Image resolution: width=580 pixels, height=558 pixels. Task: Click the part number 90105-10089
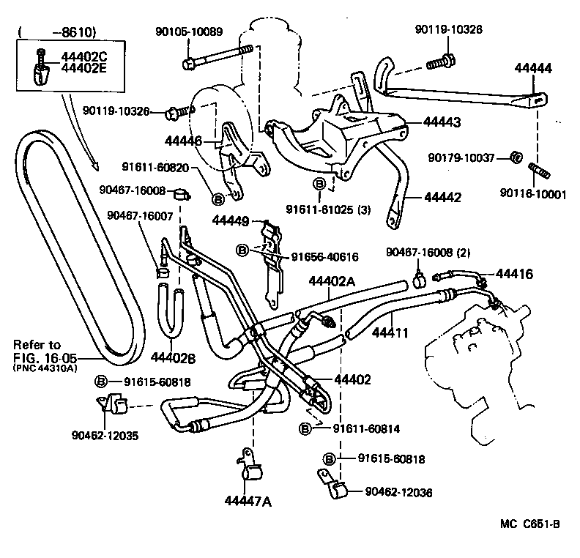click(189, 32)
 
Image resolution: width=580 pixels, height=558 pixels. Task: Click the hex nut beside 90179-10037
click(515, 157)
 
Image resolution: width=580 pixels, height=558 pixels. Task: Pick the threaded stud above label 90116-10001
click(538, 174)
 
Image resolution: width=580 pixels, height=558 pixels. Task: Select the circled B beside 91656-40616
click(242, 250)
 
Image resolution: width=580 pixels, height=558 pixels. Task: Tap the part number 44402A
click(331, 281)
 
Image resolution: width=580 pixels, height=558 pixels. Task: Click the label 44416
click(515, 274)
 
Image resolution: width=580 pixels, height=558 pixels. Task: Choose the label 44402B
click(173, 357)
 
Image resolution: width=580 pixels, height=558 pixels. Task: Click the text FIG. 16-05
click(42, 357)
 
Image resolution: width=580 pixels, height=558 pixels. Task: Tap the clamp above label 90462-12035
click(110, 403)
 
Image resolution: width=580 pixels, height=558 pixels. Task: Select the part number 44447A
click(248, 501)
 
